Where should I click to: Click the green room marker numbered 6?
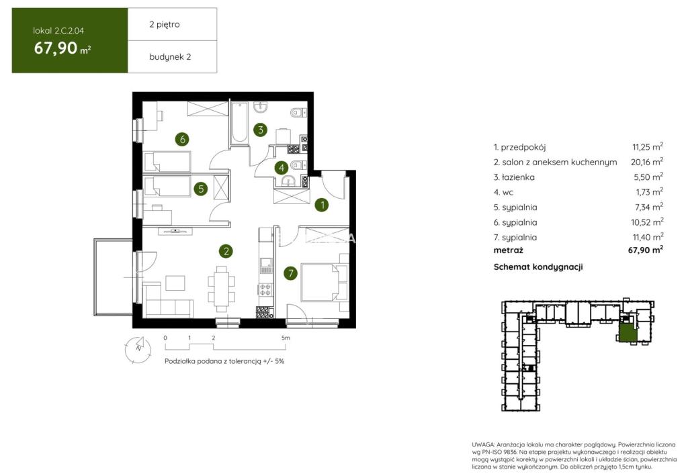(x=182, y=140)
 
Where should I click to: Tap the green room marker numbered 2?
(x=226, y=251)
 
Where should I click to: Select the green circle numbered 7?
(x=290, y=273)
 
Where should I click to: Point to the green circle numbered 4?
(x=282, y=167)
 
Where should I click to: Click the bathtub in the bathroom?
(x=240, y=123)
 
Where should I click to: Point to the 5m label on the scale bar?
(x=286, y=338)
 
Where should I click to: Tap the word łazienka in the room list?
(x=518, y=177)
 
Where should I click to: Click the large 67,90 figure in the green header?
(x=56, y=48)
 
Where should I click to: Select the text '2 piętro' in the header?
(x=165, y=25)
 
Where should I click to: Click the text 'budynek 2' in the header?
(x=170, y=56)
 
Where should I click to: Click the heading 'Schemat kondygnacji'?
(x=538, y=267)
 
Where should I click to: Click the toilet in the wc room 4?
(x=298, y=165)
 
